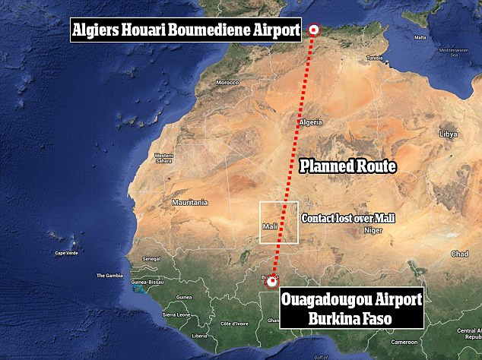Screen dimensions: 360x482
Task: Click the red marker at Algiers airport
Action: pos(315,30)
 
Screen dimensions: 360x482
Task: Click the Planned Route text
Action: pos(347,166)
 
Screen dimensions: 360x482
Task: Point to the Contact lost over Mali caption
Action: pos(348,218)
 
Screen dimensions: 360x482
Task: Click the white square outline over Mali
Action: pos(279,223)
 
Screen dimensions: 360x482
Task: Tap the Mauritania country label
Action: pos(190,203)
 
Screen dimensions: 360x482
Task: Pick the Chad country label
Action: pos(459,254)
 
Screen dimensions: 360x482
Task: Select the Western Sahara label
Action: pos(164,158)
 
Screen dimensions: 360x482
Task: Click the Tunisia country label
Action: pos(374,58)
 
